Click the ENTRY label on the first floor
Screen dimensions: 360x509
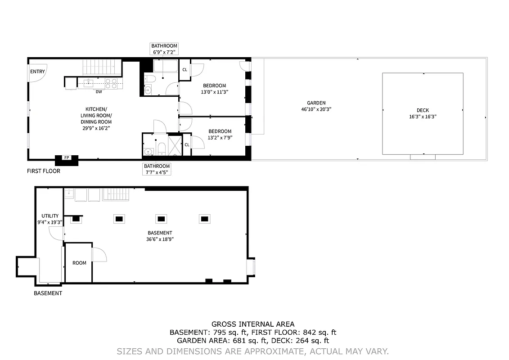point(37,72)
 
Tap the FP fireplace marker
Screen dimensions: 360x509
point(67,157)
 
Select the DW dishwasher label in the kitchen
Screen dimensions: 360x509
point(98,92)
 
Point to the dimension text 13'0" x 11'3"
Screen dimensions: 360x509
point(214,92)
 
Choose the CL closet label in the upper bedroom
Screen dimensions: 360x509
point(185,70)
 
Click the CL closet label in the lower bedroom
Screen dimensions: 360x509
point(187,145)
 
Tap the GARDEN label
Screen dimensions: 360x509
point(316,103)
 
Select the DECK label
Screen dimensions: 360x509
point(423,110)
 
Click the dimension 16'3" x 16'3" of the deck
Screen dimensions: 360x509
point(423,117)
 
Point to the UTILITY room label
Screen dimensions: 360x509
point(50,216)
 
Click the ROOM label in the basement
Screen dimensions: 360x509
point(79,263)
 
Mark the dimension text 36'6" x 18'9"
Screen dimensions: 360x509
point(160,239)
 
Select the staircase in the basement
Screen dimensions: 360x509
point(116,194)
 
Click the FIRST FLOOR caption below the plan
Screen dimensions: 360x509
point(44,171)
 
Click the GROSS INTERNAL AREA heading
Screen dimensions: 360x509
point(253,324)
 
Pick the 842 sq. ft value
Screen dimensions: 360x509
point(318,333)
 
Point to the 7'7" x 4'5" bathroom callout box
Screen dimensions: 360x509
point(156,169)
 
